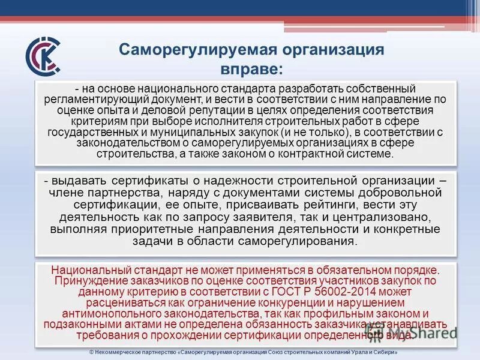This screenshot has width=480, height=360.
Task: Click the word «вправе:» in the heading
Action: click(251, 68)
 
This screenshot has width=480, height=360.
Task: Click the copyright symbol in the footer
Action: click(85, 353)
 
